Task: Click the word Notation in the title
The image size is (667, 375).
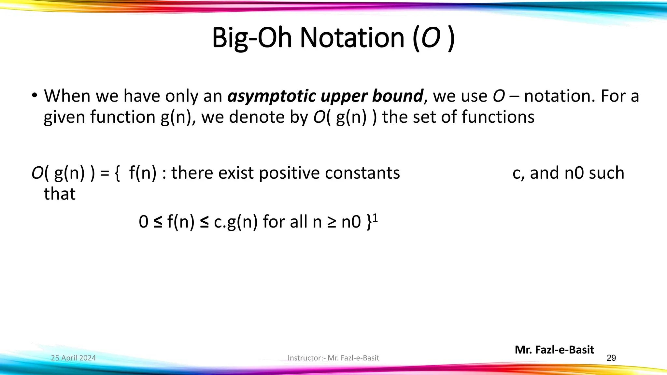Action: click(x=352, y=38)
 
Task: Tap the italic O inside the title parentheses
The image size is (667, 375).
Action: click(x=431, y=38)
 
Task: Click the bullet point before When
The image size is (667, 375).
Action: click(x=34, y=96)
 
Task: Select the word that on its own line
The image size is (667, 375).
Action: click(x=60, y=194)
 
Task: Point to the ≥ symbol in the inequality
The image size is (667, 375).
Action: click(x=332, y=222)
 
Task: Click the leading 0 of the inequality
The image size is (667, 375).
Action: click(x=143, y=222)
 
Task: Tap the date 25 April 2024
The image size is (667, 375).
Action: click(x=73, y=358)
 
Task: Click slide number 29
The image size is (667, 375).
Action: click(x=611, y=358)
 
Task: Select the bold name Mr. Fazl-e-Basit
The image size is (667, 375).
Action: click(x=554, y=350)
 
